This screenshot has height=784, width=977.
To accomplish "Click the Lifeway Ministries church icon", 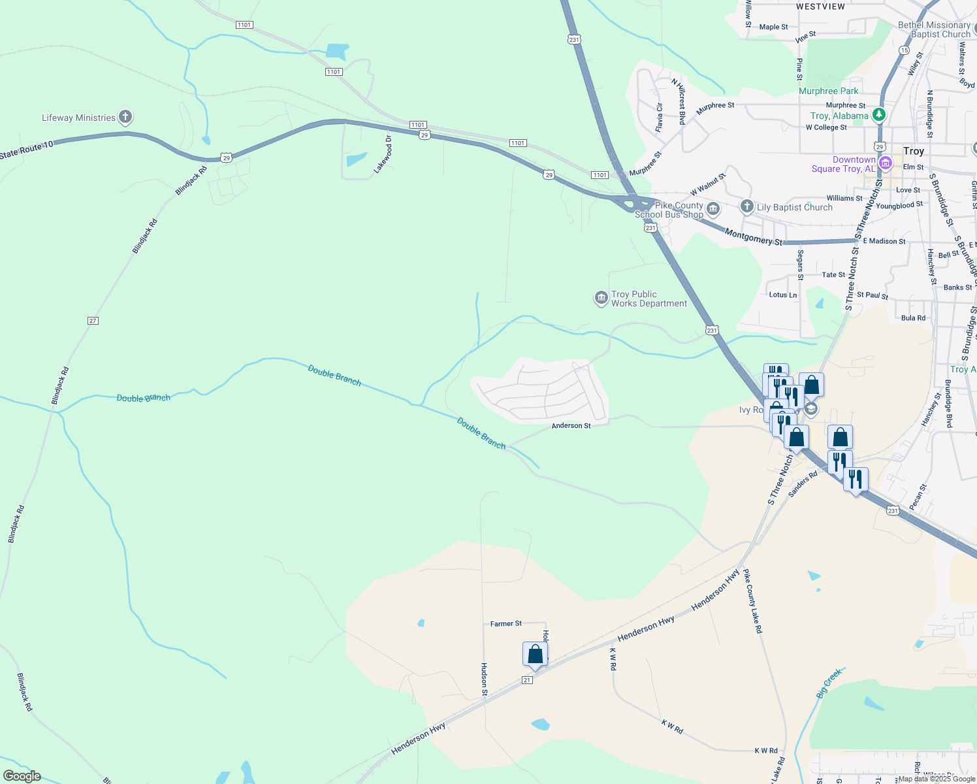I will (x=125, y=118).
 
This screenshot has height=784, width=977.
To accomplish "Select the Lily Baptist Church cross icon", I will (x=747, y=207).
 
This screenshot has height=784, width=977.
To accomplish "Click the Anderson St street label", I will (x=571, y=426).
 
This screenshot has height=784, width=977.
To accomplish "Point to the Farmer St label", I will (x=506, y=624).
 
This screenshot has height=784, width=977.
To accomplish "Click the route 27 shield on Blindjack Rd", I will (x=93, y=321).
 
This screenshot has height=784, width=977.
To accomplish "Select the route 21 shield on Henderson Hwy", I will (x=528, y=680).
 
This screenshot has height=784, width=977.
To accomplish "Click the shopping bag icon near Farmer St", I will (x=535, y=655).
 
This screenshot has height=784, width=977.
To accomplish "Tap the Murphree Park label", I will (x=829, y=91).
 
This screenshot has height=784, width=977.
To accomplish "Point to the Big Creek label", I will (x=829, y=683).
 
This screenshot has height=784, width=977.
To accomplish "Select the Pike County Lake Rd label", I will (x=752, y=601).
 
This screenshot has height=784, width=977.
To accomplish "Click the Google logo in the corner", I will (x=22, y=776).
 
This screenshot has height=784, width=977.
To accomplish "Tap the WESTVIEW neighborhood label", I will (x=820, y=7).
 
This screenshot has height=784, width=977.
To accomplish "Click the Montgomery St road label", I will (x=754, y=237).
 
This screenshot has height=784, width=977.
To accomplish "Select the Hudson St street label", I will (x=484, y=679).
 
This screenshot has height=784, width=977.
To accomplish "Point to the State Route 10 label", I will (x=26, y=150).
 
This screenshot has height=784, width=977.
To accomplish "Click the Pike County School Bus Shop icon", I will (x=713, y=209).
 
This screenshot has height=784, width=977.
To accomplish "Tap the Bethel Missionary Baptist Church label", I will (x=935, y=29).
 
